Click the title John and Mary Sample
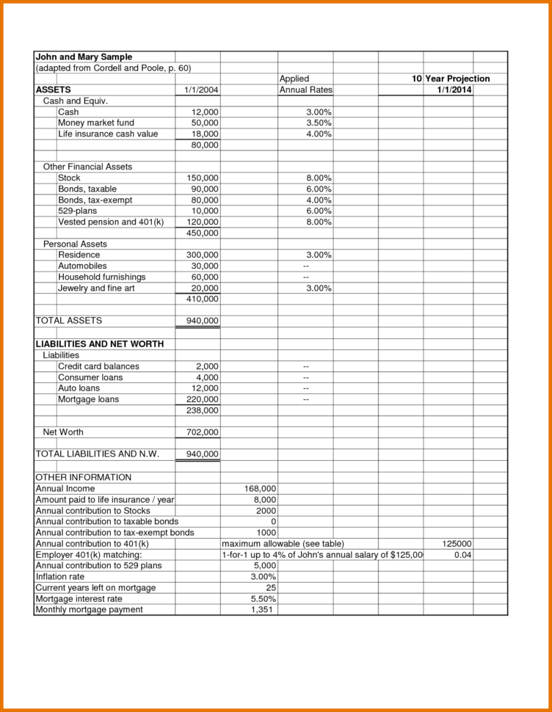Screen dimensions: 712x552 pos(84,57)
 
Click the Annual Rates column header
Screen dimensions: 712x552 pos(305,90)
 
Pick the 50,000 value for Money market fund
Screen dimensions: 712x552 pos(205,123)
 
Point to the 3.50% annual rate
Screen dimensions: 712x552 pos(319,123)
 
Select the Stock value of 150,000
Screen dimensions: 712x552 pos(203,178)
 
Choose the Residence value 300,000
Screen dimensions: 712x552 pos(203,255)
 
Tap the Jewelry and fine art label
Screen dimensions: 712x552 pos(96,288)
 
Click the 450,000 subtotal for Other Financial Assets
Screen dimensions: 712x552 pos(203,233)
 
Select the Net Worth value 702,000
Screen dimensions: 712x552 pos(203,432)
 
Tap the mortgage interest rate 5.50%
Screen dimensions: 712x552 pos(263,599)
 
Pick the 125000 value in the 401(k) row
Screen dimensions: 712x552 pos(457,544)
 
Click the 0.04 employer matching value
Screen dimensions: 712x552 pos(462,555)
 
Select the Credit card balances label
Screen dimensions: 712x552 pos(98,366)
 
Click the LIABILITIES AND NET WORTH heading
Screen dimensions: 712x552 pos(99,344)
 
